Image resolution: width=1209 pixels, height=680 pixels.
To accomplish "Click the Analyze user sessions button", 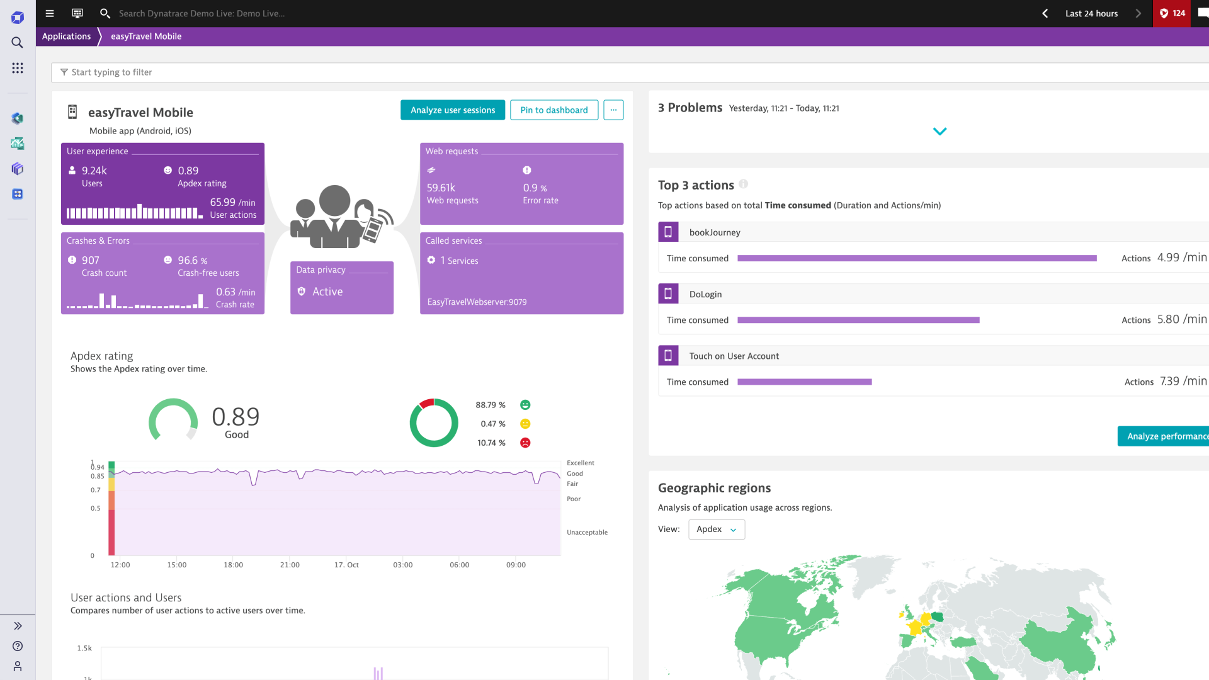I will [x=453, y=110].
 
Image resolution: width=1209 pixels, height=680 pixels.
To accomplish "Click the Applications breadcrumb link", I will [x=66, y=37].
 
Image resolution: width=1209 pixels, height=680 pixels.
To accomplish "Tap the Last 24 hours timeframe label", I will [x=1091, y=13].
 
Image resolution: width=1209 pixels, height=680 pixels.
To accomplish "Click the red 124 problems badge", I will [x=1172, y=13].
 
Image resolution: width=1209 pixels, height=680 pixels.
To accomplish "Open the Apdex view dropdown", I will [x=717, y=530].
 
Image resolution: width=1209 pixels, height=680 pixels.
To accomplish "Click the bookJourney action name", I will [x=715, y=232].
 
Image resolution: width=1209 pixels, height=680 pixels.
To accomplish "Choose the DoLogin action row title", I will [x=705, y=294].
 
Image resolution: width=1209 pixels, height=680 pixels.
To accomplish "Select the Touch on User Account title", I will [x=734, y=356].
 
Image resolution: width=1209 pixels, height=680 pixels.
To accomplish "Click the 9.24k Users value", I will [x=94, y=171].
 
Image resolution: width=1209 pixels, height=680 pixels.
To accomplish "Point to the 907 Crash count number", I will [x=91, y=260].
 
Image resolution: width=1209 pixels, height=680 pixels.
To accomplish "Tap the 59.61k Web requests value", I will [x=441, y=188].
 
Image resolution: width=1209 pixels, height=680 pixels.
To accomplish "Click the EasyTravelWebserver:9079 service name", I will [x=477, y=302].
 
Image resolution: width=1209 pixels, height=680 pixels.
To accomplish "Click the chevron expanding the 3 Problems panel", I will [x=939, y=132].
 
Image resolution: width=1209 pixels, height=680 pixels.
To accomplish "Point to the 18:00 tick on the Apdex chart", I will [x=233, y=565].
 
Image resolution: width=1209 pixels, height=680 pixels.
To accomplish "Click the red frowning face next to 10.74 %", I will [x=525, y=443].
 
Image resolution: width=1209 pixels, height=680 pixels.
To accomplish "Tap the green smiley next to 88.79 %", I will [x=525, y=405].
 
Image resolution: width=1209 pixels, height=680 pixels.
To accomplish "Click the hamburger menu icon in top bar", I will [x=50, y=13].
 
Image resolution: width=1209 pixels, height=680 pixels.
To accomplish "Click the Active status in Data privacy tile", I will [x=327, y=292].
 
